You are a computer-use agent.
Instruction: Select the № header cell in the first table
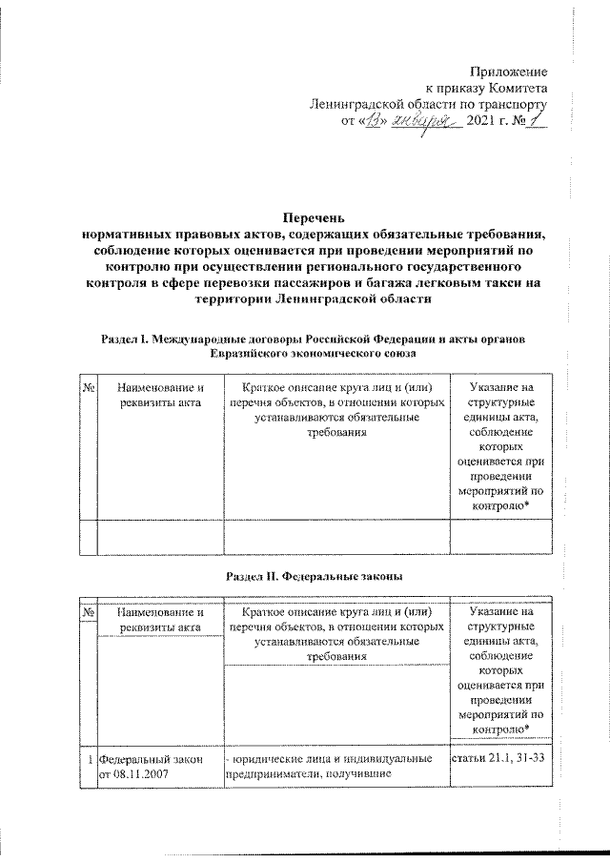coord(88,388)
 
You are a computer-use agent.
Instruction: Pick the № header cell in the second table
coord(88,612)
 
